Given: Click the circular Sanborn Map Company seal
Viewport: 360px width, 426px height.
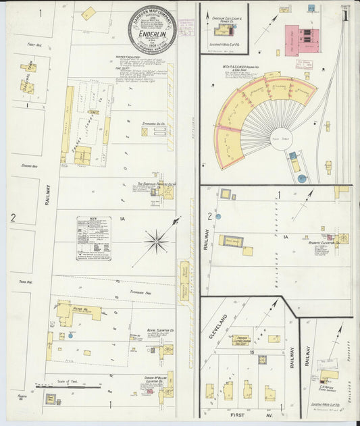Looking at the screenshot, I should pos(152,30).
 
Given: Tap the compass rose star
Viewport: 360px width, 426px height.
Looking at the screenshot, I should pos(156,240).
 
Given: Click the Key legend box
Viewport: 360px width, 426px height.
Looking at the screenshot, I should pos(94,238).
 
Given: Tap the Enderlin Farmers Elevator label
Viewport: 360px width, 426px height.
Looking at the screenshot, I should pos(157,184).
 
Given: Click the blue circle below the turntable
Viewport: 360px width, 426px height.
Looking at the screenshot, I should pos(301,178).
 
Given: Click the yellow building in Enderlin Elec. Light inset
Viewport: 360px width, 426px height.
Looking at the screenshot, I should pos(223,30).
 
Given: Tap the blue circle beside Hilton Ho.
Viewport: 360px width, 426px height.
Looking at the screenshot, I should pos(71,334).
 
